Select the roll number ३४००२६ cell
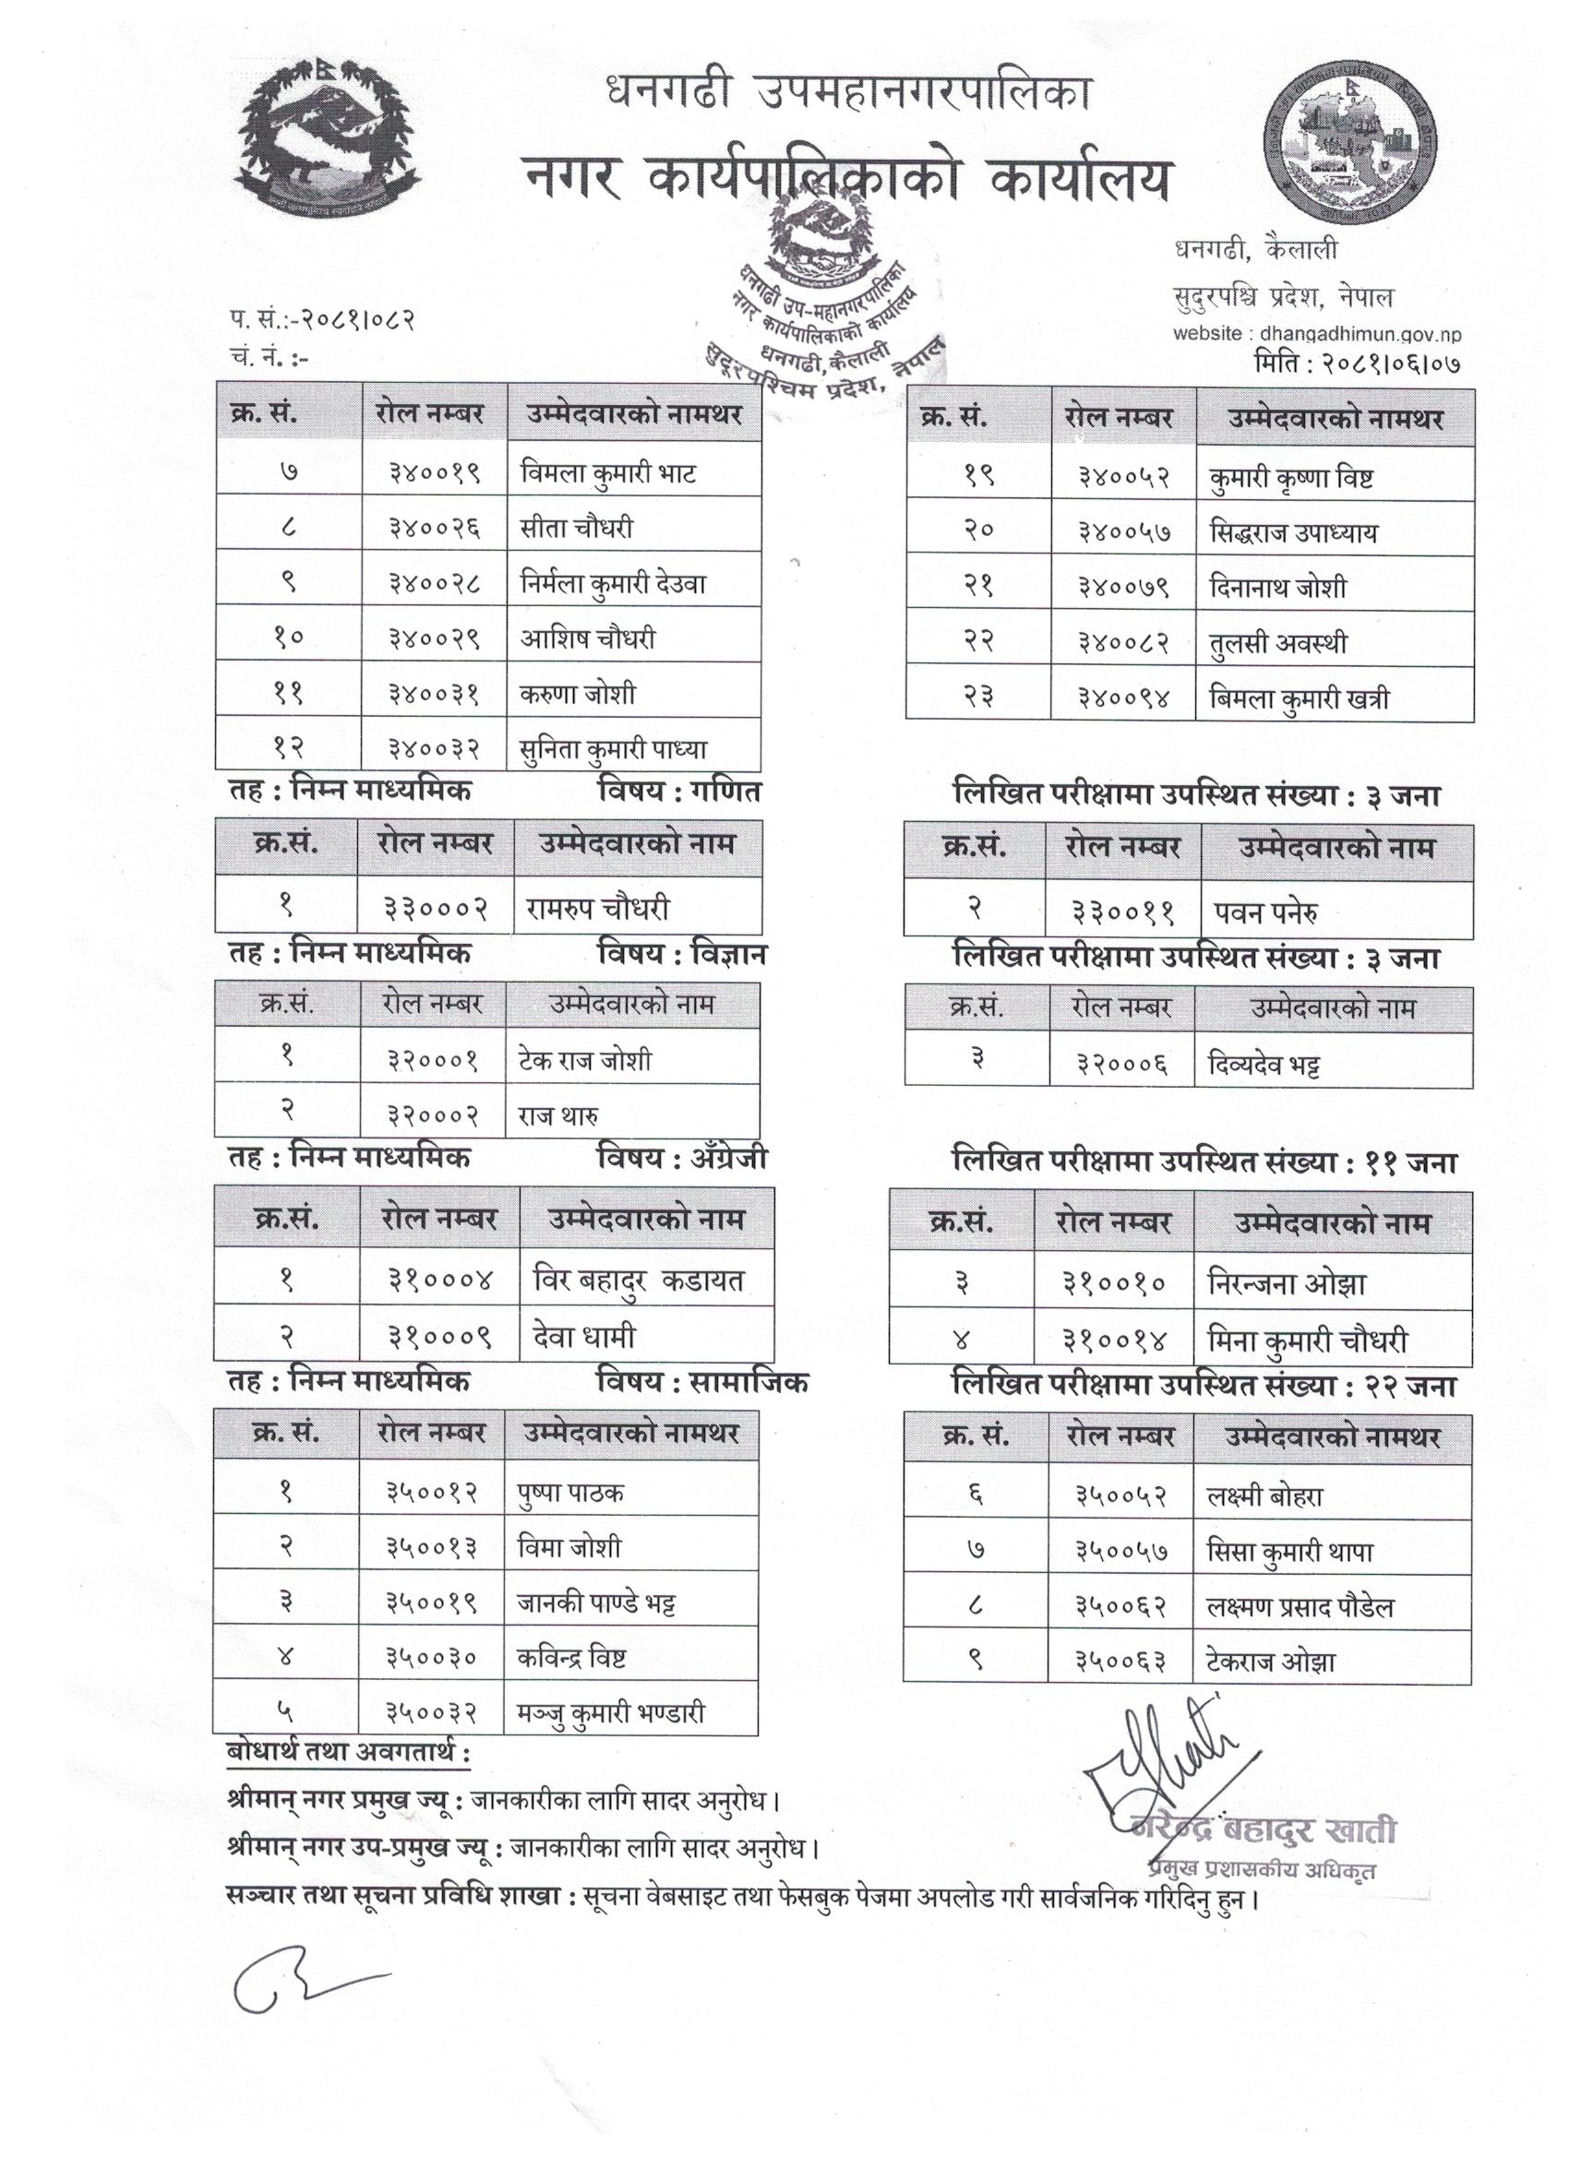click(434, 528)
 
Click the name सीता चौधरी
click(577, 528)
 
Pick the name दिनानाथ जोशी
click(1278, 588)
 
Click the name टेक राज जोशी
click(585, 1059)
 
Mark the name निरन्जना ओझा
click(1287, 1284)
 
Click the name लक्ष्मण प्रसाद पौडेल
click(1300, 1607)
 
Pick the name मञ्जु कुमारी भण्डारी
click(611, 1713)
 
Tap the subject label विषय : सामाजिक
click(702, 1382)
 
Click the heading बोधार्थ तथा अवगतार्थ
click(348, 1752)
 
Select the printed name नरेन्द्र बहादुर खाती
click(1264, 1829)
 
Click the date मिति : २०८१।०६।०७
click(1358, 363)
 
